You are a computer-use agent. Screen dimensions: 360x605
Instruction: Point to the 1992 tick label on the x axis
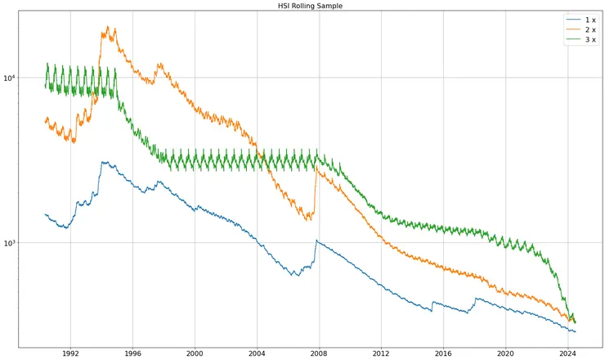(x=69, y=353)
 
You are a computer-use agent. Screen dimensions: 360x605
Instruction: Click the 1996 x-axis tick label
(x=132, y=353)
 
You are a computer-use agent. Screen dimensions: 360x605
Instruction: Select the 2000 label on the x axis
(x=194, y=353)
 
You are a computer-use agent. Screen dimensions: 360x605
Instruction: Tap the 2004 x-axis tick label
(x=256, y=353)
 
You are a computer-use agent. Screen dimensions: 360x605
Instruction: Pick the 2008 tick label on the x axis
(x=318, y=353)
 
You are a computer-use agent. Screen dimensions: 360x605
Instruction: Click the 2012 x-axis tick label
(x=380, y=353)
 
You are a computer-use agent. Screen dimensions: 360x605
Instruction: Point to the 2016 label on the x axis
(x=442, y=353)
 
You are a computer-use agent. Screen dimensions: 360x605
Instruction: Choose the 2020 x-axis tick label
(x=504, y=353)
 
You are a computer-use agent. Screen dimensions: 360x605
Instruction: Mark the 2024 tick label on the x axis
(x=567, y=353)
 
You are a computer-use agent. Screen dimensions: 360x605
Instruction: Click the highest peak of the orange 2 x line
(x=108, y=26)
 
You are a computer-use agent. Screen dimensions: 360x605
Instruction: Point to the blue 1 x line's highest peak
(x=103, y=162)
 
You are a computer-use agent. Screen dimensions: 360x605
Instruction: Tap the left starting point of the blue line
(x=44, y=214)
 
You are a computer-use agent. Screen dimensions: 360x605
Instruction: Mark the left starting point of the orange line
(x=44, y=122)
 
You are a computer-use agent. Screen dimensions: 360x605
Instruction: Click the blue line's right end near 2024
(x=576, y=331)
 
